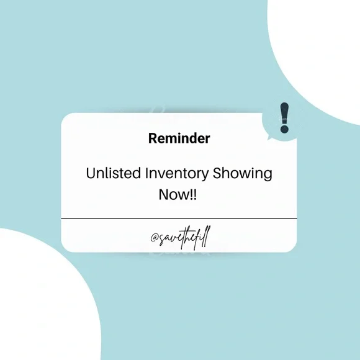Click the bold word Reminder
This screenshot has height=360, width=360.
pyautogui.click(x=179, y=138)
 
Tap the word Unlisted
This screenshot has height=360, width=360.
pyautogui.click(x=114, y=173)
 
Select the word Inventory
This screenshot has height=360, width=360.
pyautogui.click(x=176, y=174)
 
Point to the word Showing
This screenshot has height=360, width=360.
pyautogui.click(x=242, y=174)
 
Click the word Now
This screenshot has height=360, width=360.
pyautogui.click(x=173, y=194)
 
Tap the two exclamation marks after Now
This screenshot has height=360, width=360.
pyautogui.click(x=193, y=194)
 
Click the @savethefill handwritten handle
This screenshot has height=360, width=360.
pyautogui.click(x=181, y=238)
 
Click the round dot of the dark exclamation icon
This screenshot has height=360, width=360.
pyautogui.click(x=284, y=129)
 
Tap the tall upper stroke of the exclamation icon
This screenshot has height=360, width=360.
pyautogui.click(x=284, y=113)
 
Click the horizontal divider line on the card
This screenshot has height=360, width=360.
pyautogui.click(x=179, y=218)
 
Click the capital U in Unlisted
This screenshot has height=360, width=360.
pyautogui.click(x=91, y=173)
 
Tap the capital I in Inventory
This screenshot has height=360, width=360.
pyautogui.click(x=146, y=173)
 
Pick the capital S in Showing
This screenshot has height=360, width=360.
pyautogui.click(x=217, y=173)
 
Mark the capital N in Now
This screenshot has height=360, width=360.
pyautogui.click(x=164, y=194)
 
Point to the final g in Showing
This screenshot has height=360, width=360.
pyautogui.click(x=268, y=176)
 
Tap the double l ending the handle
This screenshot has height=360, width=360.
pyautogui.click(x=206, y=236)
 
